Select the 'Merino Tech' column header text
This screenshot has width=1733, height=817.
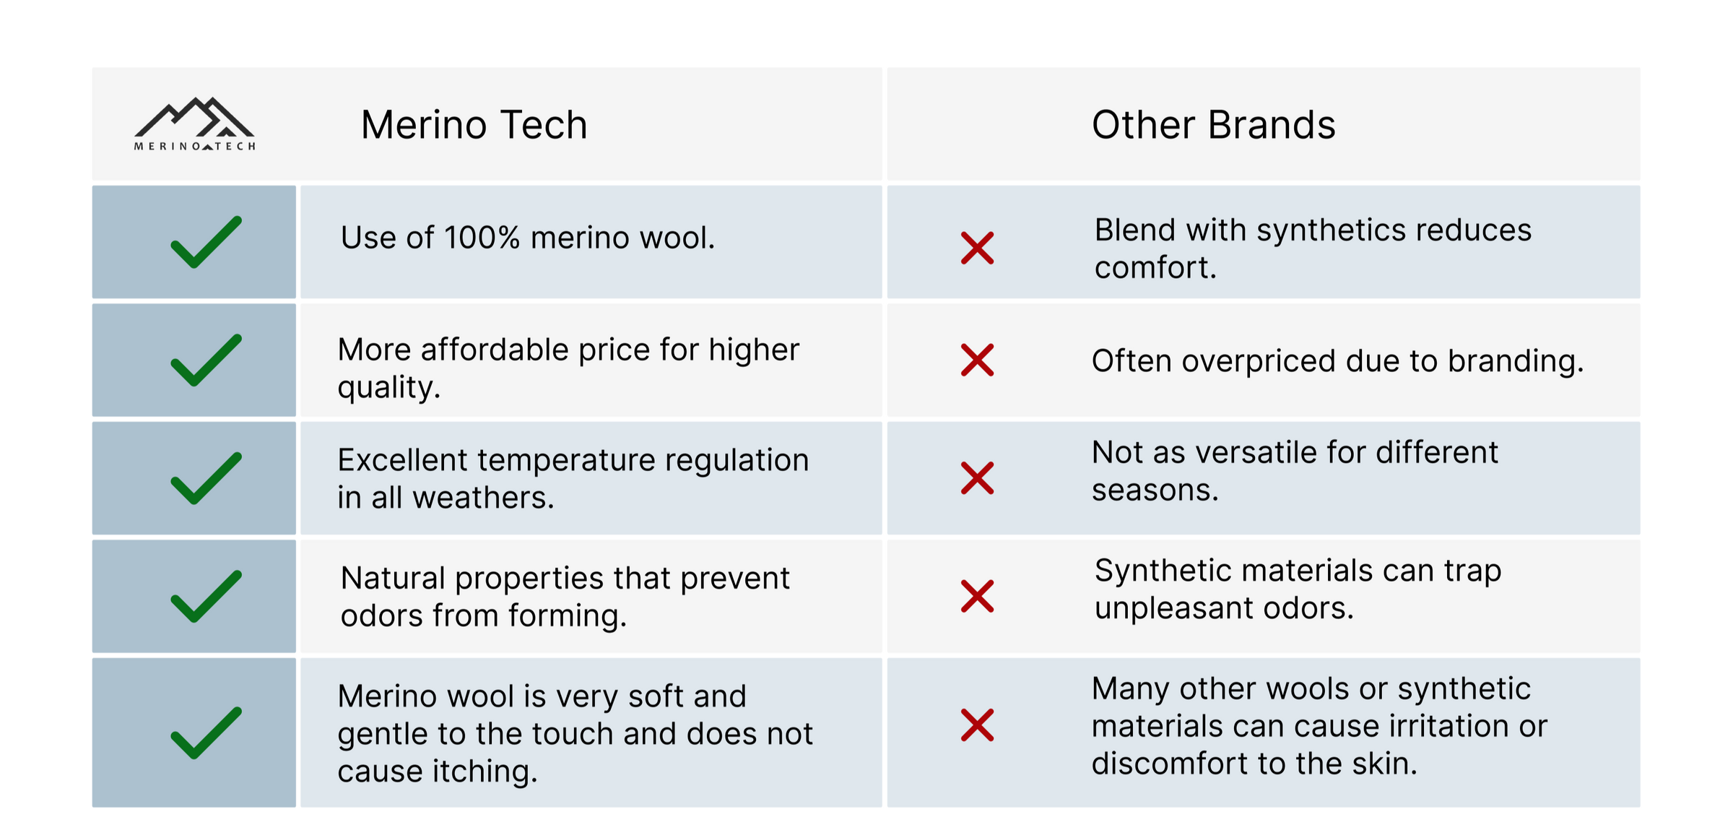click(x=474, y=125)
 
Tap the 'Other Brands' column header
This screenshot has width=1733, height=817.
click(x=1213, y=125)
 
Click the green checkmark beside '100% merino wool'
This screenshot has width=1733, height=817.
click(x=206, y=242)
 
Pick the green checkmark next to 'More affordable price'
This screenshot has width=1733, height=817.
click(x=206, y=360)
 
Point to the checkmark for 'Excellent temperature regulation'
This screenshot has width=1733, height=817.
click(x=206, y=478)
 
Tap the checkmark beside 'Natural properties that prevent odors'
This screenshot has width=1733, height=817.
click(x=206, y=596)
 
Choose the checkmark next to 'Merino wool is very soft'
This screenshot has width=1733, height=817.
click(x=206, y=732)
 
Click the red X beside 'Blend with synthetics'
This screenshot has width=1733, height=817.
click(x=977, y=248)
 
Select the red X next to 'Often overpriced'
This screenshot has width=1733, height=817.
click(x=977, y=360)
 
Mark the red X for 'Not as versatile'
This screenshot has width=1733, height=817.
click(x=977, y=478)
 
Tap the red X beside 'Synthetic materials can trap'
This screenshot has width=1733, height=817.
click(x=977, y=596)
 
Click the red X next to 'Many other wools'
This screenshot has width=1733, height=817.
click(x=977, y=725)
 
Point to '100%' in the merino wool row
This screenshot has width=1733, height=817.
click(x=482, y=238)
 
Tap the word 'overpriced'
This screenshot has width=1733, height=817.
click(x=1258, y=361)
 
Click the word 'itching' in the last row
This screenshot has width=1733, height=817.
click(x=485, y=771)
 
